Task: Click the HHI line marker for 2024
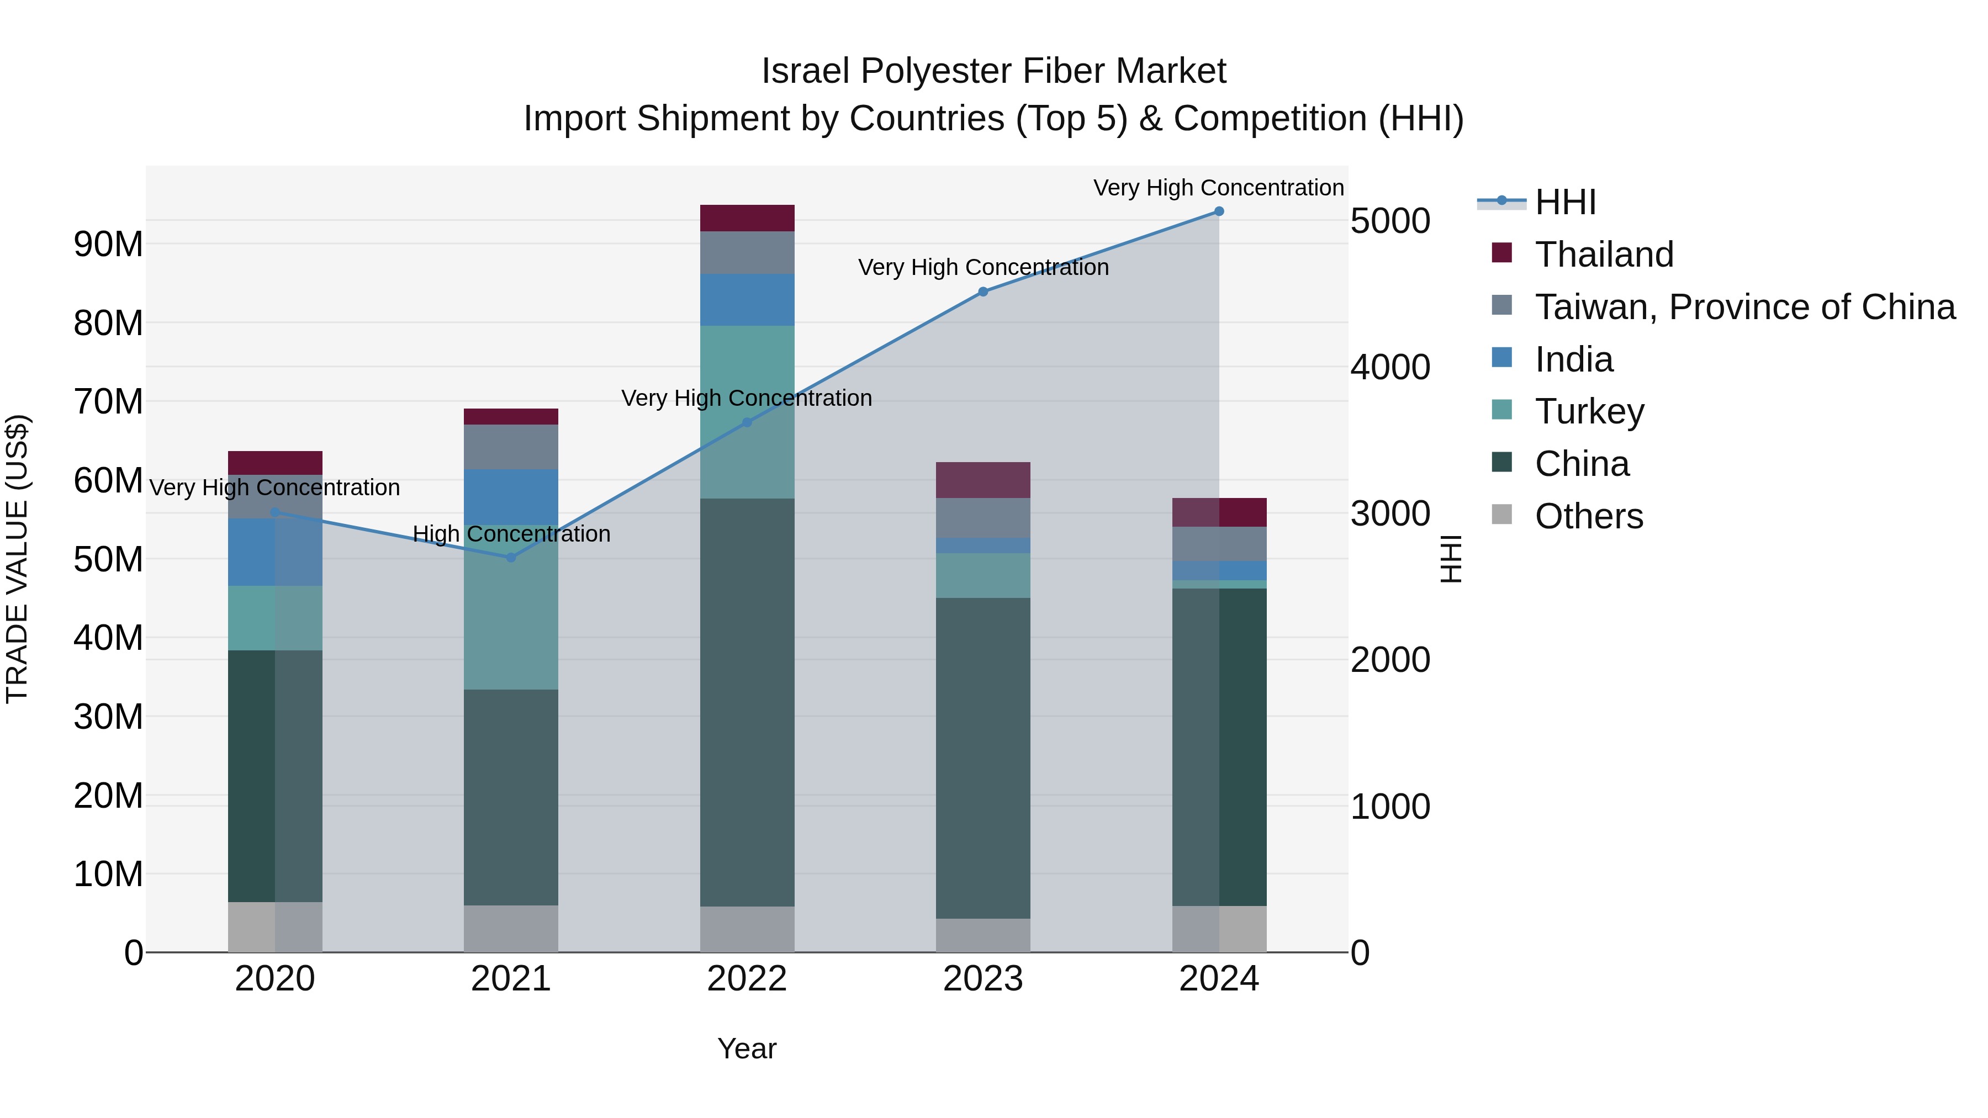1219,211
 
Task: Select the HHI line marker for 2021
511,557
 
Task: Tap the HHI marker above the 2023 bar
983,292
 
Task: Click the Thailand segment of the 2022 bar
747,218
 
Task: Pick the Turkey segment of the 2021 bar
511,607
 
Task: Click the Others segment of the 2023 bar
983,935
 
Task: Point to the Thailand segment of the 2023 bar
983,480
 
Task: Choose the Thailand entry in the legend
1604,255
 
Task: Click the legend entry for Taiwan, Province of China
1744,307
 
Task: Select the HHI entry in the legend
1565,202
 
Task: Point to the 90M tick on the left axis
108,245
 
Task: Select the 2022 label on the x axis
747,979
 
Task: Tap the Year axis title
746,1048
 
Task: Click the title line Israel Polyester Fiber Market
993,71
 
